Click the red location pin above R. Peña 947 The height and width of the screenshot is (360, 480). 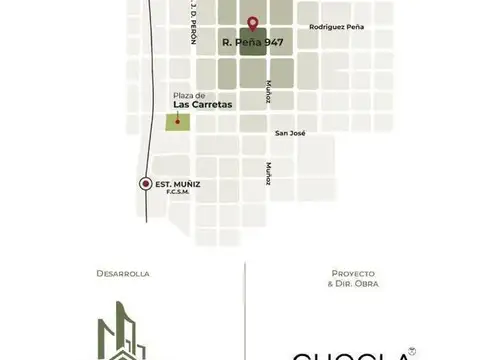click(252, 22)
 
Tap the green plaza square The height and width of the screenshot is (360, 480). click(177, 123)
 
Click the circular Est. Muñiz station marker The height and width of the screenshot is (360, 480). click(147, 183)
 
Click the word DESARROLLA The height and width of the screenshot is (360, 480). click(123, 273)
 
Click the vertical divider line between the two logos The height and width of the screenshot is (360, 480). click(245, 310)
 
